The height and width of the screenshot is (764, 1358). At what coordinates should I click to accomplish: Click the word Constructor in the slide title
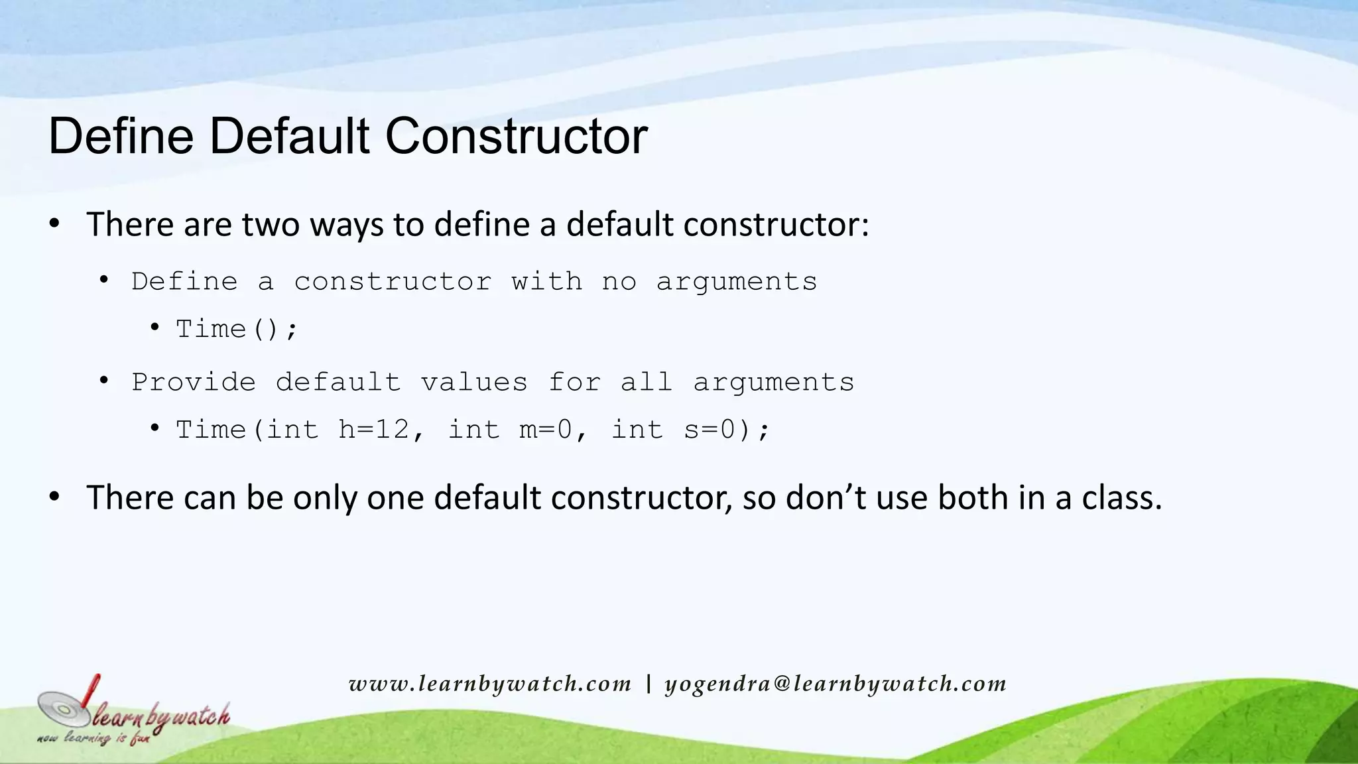pyautogui.click(x=516, y=137)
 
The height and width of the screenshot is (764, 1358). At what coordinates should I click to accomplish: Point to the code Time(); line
pyautogui.click(x=237, y=329)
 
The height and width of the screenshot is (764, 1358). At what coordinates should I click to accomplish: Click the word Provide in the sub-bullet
pyautogui.click(x=194, y=383)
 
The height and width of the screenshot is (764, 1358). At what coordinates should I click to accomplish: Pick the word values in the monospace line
pyautogui.click(x=474, y=383)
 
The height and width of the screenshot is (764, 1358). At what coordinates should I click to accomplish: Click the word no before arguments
pyautogui.click(x=619, y=282)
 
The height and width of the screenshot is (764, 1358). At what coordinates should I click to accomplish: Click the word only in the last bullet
pyautogui.click(x=325, y=499)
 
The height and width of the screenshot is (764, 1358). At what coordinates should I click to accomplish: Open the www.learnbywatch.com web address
pyautogui.click(x=490, y=684)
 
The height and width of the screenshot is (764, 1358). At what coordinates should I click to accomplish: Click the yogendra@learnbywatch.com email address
pyautogui.click(x=835, y=684)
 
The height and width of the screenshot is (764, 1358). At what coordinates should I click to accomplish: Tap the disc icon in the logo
pyautogui.click(x=64, y=709)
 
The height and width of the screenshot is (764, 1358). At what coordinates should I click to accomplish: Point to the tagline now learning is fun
pyautogui.click(x=93, y=738)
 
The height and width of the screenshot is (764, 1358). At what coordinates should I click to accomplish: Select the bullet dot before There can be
pyautogui.click(x=55, y=497)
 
